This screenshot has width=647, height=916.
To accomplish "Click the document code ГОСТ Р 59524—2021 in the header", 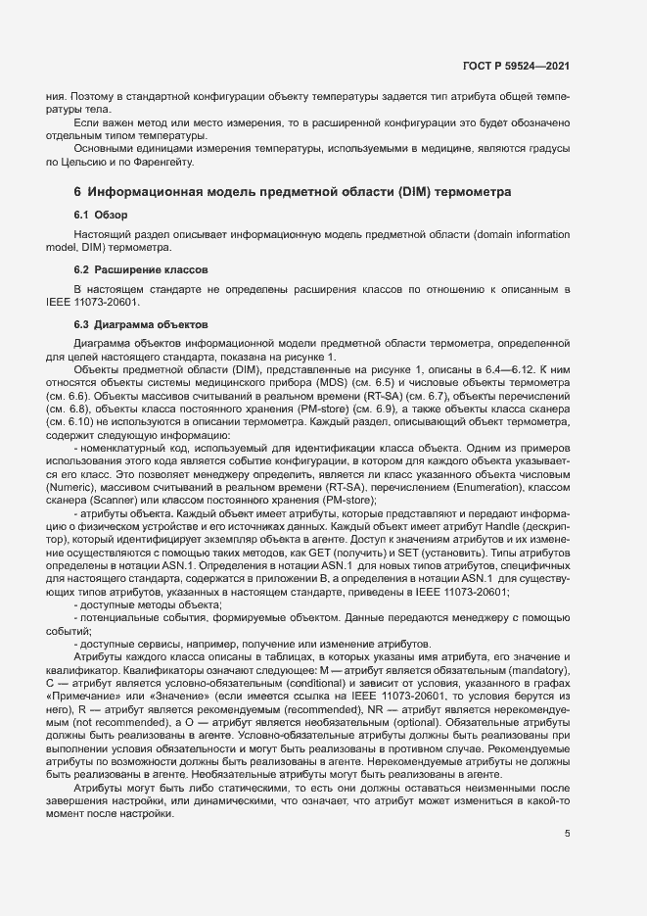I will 516,67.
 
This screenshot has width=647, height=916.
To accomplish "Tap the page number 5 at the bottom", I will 568,833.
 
